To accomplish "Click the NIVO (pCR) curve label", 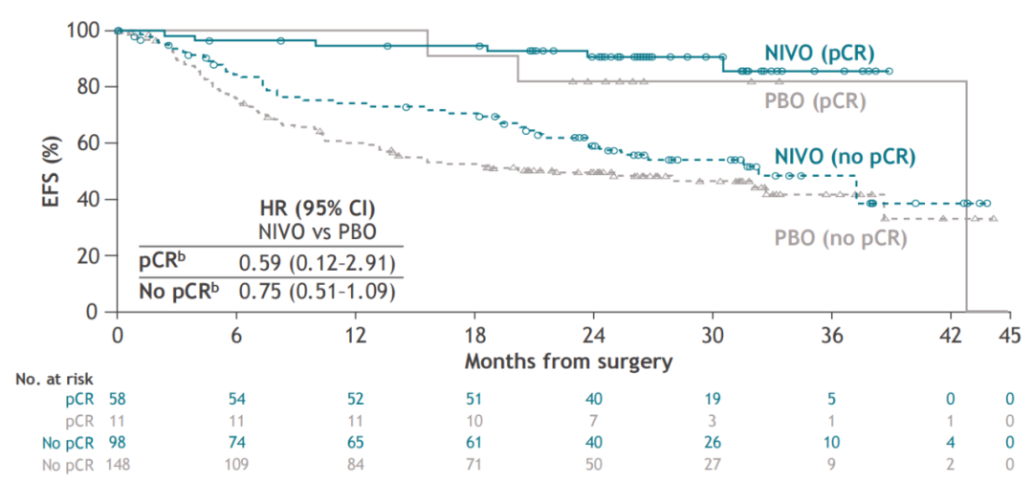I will click(819, 53).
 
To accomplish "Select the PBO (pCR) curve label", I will click(815, 100).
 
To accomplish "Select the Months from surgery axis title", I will click(568, 361).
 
